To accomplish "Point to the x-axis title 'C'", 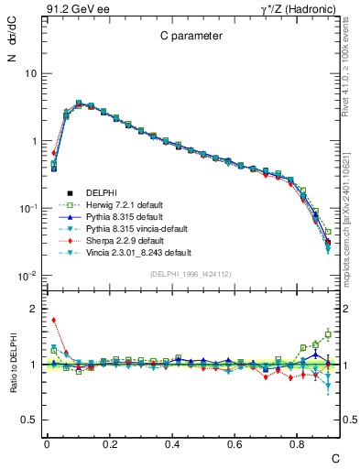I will tap(335, 456).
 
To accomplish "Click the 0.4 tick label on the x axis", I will tap(172, 442).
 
